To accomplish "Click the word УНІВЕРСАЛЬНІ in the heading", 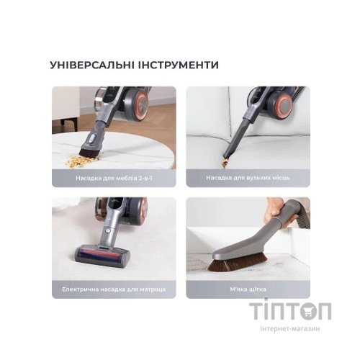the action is [x=91, y=65].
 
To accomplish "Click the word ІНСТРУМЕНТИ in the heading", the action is [x=178, y=65].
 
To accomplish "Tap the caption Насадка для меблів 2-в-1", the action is [x=114, y=178].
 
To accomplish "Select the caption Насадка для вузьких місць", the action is [x=248, y=178].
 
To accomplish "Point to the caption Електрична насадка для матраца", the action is [x=114, y=289].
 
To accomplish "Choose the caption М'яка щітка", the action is [x=248, y=289].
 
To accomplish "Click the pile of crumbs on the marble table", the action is [x=78, y=161].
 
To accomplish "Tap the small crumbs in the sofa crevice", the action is [x=224, y=163].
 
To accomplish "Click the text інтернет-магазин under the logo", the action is [x=290, y=328].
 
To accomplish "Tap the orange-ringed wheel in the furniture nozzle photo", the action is [x=139, y=103].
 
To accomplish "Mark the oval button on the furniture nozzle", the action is [x=92, y=138].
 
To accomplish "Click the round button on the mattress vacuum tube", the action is [x=108, y=230].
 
